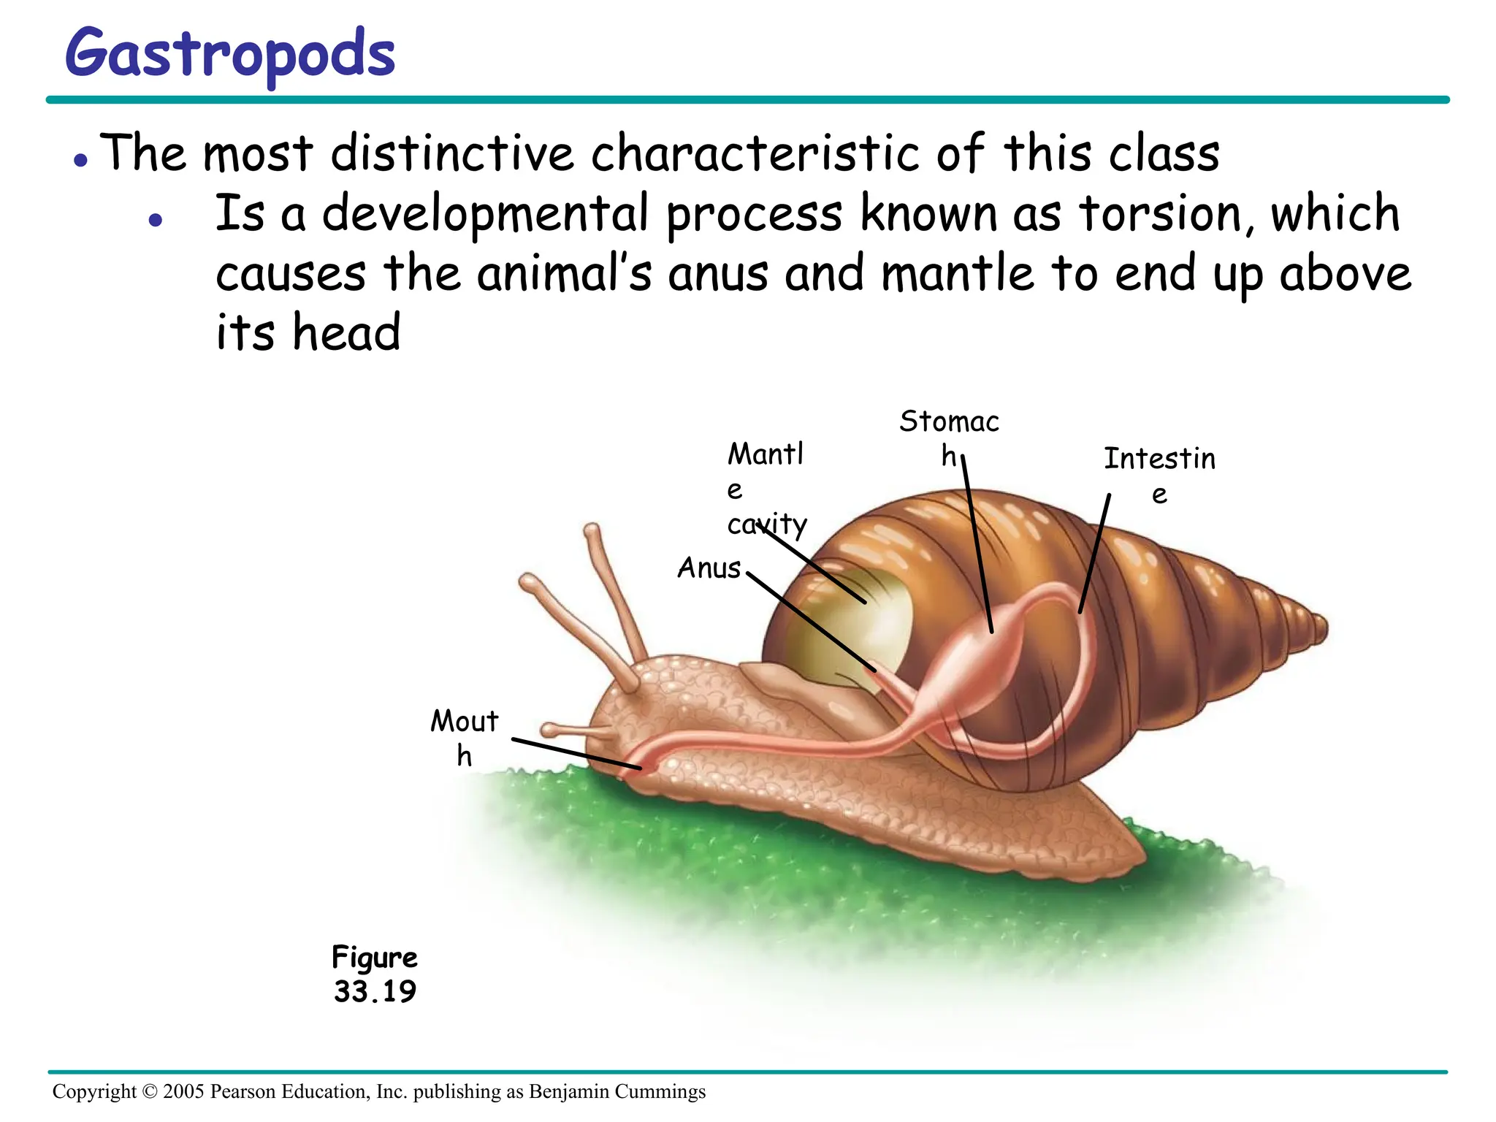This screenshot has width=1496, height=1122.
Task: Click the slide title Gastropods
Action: point(230,55)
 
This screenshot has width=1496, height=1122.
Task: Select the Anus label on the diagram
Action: point(709,568)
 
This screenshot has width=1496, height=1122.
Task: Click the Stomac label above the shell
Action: point(949,422)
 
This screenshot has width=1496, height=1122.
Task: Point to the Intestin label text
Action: point(1159,459)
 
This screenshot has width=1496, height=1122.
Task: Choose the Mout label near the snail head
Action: point(464,722)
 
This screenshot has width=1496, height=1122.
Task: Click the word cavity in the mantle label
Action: point(767,524)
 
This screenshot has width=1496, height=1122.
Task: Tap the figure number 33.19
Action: point(375,991)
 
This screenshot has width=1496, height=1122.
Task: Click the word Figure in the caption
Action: point(375,957)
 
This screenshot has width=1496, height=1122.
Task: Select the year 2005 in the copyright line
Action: point(183,1091)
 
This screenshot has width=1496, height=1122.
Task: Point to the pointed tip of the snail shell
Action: point(1321,628)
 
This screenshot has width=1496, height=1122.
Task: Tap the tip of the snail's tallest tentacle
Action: point(592,529)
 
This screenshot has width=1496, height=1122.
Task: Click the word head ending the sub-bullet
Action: point(347,333)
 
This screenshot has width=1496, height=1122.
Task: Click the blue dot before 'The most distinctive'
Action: point(81,160)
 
